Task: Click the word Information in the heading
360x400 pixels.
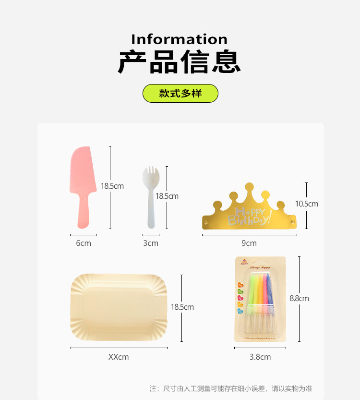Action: pos(180,39)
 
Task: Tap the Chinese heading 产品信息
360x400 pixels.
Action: pos(180,62)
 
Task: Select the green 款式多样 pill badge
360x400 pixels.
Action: pos(180,93)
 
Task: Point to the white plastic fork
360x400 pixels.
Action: pos(150,197)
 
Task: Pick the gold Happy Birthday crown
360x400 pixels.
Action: pos(249,209)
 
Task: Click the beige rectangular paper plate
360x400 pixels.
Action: pos(119,307)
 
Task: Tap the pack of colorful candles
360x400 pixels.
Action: pos(260,299)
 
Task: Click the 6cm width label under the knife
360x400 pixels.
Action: pos(84,243)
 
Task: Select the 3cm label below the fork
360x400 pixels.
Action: pos(151,243)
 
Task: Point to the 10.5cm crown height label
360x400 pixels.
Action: pos(307,204)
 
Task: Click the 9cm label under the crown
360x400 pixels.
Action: pos(249,243)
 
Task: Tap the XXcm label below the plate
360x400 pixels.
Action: pos(119,357)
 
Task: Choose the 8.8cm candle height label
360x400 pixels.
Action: pos(299,298)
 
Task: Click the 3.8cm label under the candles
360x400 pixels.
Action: pos(260,357)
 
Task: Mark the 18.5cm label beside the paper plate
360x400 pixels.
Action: pos(182,307)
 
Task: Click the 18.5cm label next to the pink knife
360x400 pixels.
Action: pos(112,186)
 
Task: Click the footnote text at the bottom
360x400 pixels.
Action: pos(231,388)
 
